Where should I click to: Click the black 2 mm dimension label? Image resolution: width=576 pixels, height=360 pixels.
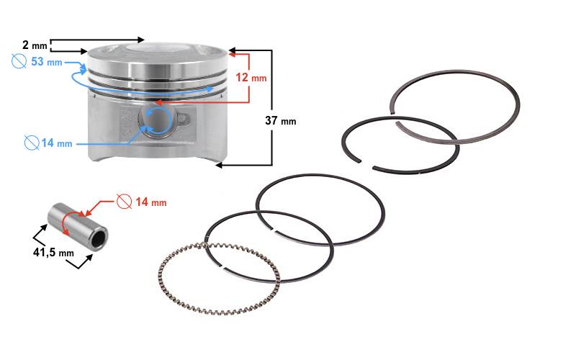coord(35,45)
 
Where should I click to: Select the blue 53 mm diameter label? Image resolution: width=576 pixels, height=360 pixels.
coord(47,61)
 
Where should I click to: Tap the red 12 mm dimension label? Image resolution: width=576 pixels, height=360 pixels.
coord(251,78)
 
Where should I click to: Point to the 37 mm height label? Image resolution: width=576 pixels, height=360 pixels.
coord(281,120)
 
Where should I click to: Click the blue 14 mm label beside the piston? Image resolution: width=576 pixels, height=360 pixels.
coord(57,143)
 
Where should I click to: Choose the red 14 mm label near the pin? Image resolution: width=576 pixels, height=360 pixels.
coord(151,202)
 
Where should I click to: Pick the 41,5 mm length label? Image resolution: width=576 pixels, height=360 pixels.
coord(53,252)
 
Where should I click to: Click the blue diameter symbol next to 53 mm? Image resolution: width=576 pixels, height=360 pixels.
coord(19,61)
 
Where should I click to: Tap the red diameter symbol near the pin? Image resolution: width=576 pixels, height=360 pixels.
coord(124,202)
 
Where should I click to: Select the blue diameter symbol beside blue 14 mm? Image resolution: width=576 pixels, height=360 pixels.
coord(32,143)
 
